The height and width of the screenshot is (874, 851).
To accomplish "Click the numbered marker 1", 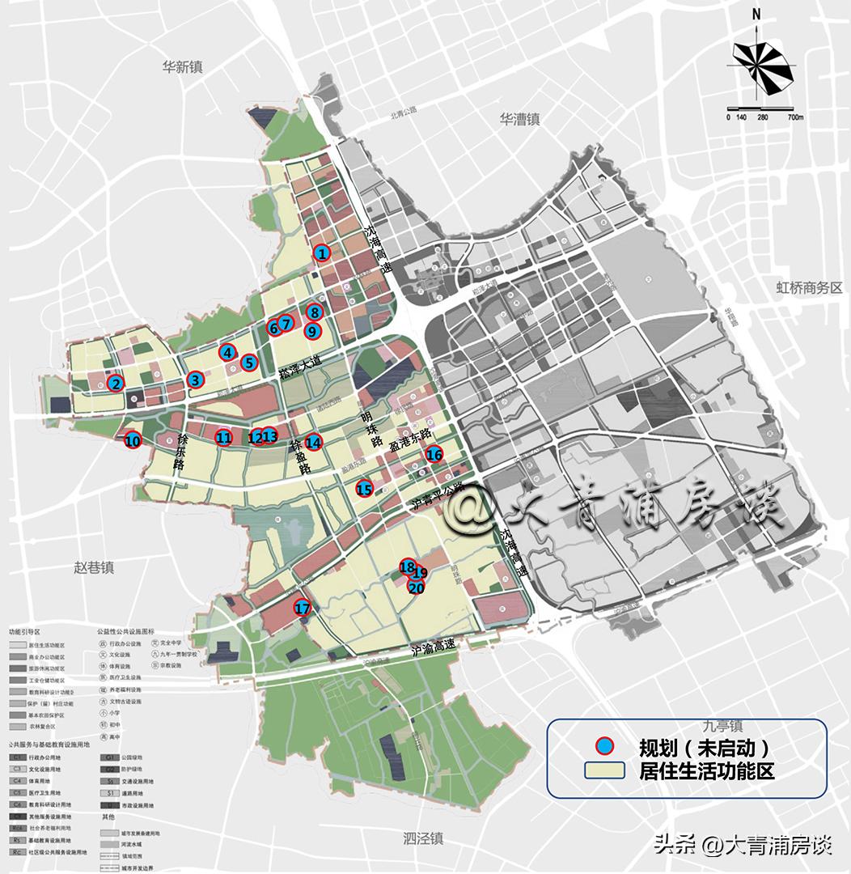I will tap(322, 253).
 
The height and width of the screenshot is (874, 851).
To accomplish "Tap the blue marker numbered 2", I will tap(116, 384).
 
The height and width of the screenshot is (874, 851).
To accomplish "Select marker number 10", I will tap(133, 441).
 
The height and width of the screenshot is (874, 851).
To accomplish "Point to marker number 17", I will tap(303, 609).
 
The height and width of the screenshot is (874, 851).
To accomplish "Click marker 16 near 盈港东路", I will tap(434, 454).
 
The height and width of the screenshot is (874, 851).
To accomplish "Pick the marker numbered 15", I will tap(365, 489).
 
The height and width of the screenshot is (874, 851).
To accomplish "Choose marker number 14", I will tap(314, 442).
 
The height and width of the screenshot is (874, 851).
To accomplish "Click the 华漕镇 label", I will tap(519, 119).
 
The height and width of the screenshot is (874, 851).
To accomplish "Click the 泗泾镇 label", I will tap(425, 838).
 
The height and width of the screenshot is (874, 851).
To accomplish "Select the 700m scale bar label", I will tap(794, 118).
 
